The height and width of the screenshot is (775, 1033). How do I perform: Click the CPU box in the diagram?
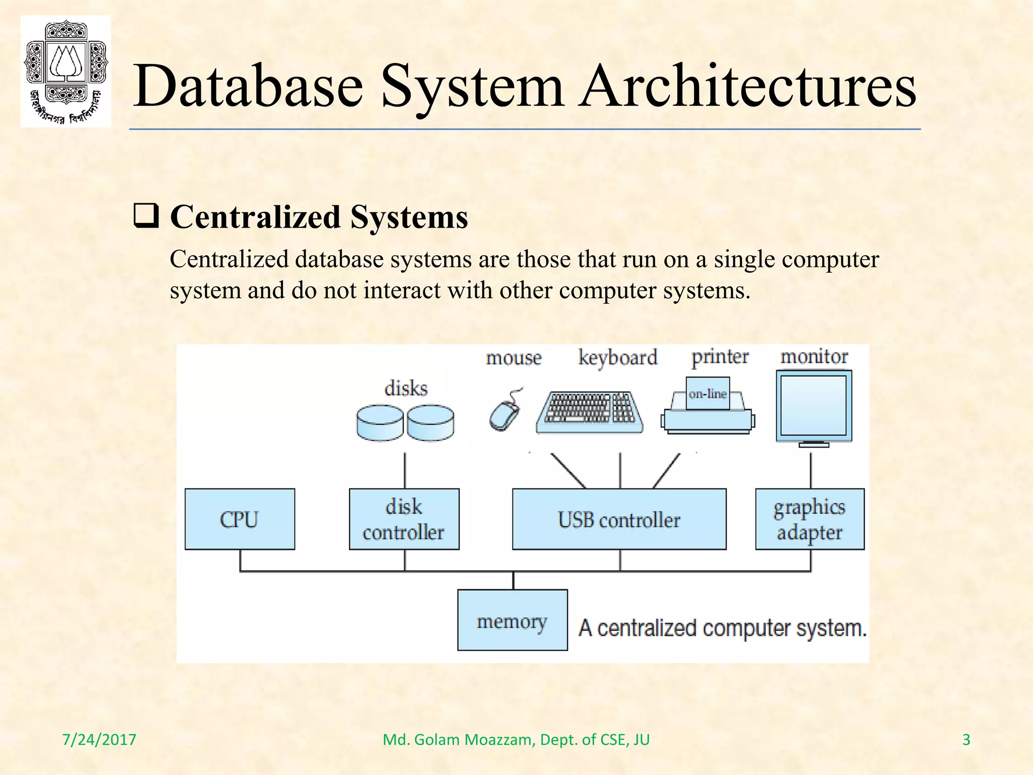click(x=240, y=519)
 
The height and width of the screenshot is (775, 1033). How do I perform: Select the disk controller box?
click(x=404, y=519)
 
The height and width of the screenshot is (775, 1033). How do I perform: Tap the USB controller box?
click(x=619, y=519)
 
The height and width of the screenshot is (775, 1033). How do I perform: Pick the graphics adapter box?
click(x=810, y=519)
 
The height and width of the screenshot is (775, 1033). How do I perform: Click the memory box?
click(x=512, y=620)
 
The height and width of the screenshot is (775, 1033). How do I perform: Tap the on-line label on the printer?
click(x=708, y=394)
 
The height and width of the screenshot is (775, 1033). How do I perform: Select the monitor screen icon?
click(x=814, y=406)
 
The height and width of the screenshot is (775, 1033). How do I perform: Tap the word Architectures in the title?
click(x=747, y=86)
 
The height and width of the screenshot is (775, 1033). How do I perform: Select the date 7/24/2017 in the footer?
click(x=99, y=740)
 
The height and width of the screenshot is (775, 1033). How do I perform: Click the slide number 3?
click(x=966, y=740)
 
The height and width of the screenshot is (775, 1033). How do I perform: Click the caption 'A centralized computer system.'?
click(x=722, y=628)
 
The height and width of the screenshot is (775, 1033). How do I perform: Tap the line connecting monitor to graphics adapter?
click(x=811, y=471)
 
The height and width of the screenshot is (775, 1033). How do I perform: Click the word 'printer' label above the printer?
click(x=720, y=357)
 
